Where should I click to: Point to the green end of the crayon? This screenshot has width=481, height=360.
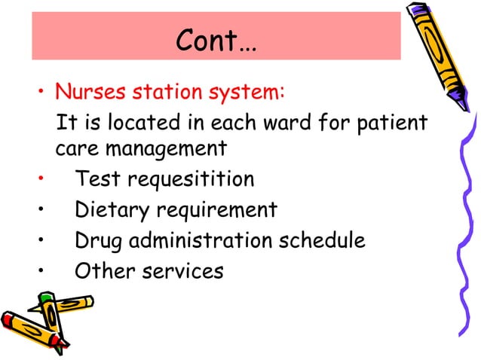click(46, 298)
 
